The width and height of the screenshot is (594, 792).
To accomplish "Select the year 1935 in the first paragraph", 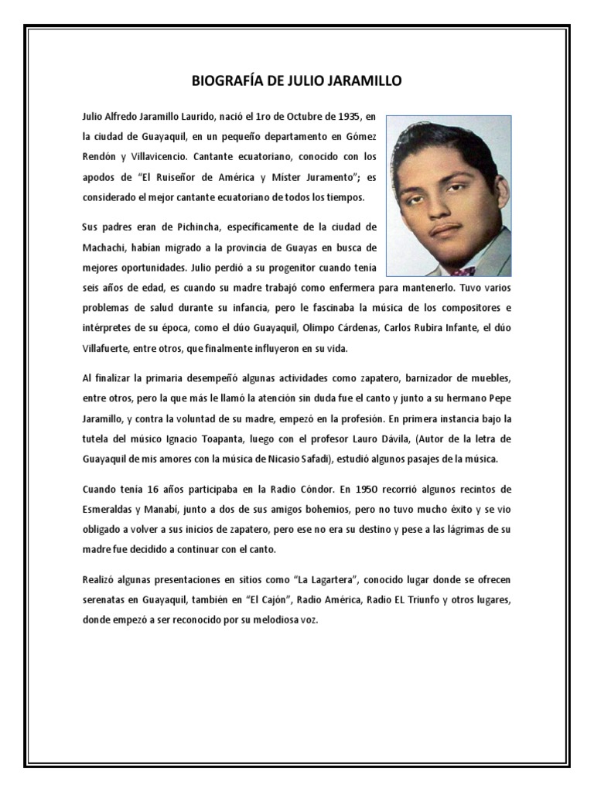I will pyautogui.click(x=340, y=117).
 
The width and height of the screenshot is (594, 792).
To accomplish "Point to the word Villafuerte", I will pyautogui.click(x=105, y=349).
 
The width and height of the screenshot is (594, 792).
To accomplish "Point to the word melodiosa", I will pyautogui.click(x=277, y=620).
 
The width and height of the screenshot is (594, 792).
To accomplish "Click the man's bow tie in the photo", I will pyautogui.click(x=463, y=271).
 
